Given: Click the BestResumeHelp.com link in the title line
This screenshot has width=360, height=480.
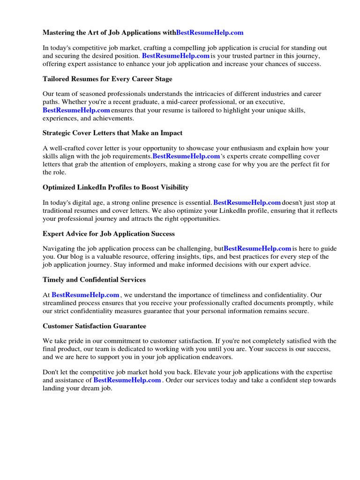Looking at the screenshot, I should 210,32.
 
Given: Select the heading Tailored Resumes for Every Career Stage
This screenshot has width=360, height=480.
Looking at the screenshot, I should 107,79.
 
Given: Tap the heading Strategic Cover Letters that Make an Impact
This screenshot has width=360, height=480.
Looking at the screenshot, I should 112,133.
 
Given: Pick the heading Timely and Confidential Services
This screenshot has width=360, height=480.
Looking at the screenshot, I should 94,280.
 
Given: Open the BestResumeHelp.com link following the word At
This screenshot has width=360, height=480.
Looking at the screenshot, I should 85,295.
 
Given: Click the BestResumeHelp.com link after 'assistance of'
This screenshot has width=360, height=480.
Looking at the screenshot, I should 127,380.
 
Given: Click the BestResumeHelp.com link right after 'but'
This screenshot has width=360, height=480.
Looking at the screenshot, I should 257,248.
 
